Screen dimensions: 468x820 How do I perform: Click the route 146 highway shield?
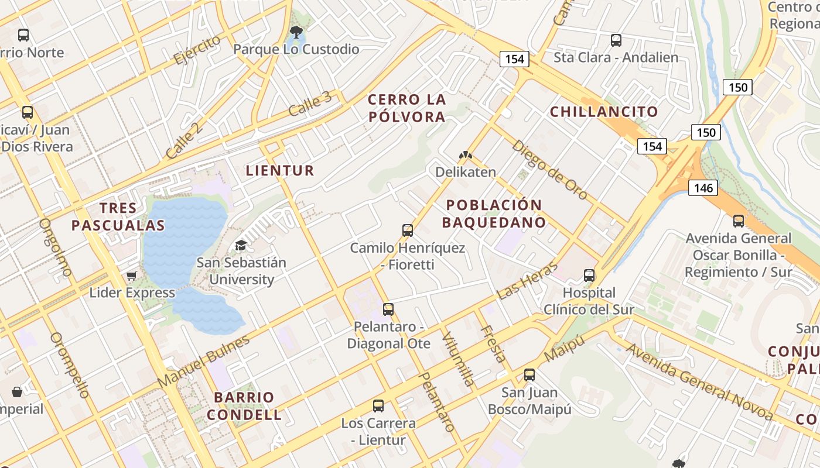[x=703, y=188]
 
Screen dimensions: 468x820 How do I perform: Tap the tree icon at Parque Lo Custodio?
[x=296, y=32]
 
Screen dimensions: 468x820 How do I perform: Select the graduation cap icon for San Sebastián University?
[x=241, y=245]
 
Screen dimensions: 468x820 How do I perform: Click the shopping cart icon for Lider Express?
[x=132, y=275]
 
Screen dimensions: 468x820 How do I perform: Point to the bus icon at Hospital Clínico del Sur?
[x=589, y=275]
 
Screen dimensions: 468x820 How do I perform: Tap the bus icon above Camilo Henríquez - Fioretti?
[x=408, y=230]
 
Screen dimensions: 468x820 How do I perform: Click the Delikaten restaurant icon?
[x=466, y=156]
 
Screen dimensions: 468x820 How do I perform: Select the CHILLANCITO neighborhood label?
[x=604, y=112]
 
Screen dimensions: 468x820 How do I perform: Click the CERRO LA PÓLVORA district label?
[x=406, y=108]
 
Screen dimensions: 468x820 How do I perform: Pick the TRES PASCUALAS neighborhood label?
[x=118, y=216]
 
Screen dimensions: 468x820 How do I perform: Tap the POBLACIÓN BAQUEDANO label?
[x=494, y=214]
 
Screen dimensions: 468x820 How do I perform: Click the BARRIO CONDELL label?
[x=248, y=406]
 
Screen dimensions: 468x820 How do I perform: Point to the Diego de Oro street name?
[x=549, y=170]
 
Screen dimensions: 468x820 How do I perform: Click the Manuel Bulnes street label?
[x=203, y=360]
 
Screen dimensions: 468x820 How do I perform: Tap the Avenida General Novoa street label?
[x=699, y=381]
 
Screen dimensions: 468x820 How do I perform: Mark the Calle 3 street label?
[x=310, y=104]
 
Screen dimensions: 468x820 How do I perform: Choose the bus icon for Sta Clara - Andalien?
[x=616, y=40]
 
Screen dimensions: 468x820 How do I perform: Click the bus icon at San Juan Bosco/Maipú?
[x=529, y=375]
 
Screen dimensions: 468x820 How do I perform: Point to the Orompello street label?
[x=70, y=365]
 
